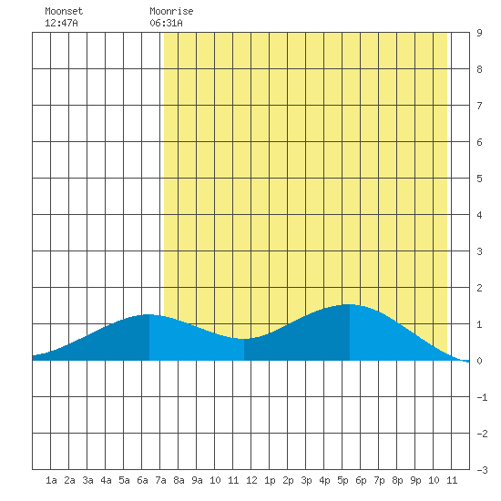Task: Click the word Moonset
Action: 64,11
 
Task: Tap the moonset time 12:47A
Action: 61,23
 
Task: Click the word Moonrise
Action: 171,11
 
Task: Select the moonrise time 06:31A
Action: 166,23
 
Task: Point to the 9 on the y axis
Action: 479,33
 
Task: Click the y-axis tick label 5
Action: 479,179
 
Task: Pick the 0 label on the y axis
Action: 479,361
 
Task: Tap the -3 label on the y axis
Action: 482,470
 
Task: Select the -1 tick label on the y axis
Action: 482,397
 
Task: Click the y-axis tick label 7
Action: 479,106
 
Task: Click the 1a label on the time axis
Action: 51,480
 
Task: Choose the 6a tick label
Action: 142,480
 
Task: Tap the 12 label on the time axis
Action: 251,480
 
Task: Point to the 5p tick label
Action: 343,480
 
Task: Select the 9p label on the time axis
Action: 415,480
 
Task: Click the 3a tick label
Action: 87,480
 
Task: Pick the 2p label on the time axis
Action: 288,480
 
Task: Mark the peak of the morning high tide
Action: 148,314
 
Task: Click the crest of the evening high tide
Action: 349,304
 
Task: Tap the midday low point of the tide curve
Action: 243,339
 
